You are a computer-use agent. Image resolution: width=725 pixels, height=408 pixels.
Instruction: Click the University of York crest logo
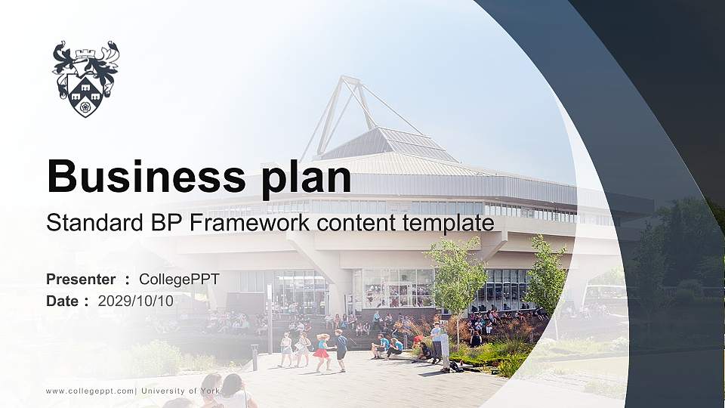click(85, 79)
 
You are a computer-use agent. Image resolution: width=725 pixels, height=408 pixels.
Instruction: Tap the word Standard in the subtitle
click(88, 223)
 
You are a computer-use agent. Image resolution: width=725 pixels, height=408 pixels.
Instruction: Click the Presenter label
click(81, 280)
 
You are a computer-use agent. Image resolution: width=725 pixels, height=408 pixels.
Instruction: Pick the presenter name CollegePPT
click(179, 280)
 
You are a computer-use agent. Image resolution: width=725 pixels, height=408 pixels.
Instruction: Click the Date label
click(62, 301)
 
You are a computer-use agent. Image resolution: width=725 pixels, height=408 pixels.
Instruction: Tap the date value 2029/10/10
click(135, 301)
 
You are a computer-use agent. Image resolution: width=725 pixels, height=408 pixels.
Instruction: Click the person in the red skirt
click(323, 352)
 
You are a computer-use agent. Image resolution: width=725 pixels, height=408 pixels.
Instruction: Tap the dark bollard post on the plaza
click(255, 357)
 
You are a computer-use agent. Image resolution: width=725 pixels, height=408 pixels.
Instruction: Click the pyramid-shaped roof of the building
click(389, 144)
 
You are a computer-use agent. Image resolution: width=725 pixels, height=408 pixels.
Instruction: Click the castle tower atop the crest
click(85, 51)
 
